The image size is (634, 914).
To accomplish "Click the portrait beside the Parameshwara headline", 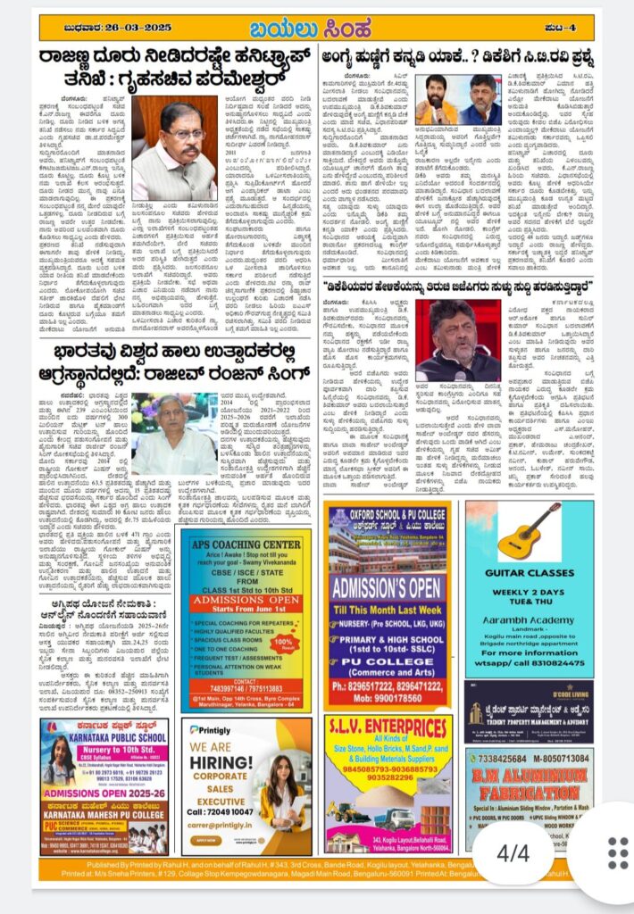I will [175, 147].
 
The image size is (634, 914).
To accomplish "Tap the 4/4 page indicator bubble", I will [513, 853].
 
